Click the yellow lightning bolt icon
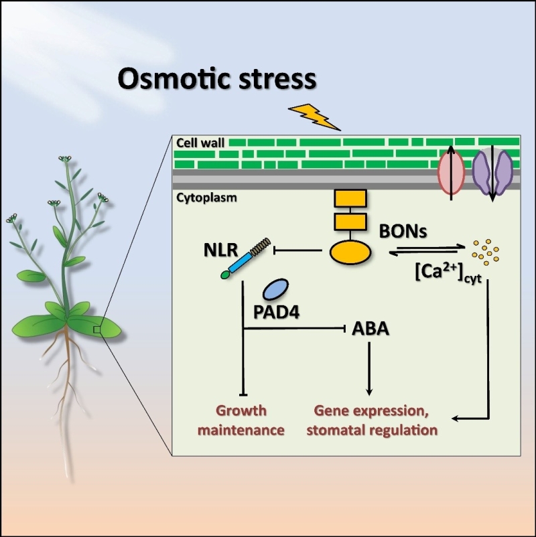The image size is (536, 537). point(314,116)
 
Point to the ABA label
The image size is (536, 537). point(370,330)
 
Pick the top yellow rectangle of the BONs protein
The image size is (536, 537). point(350,198)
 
